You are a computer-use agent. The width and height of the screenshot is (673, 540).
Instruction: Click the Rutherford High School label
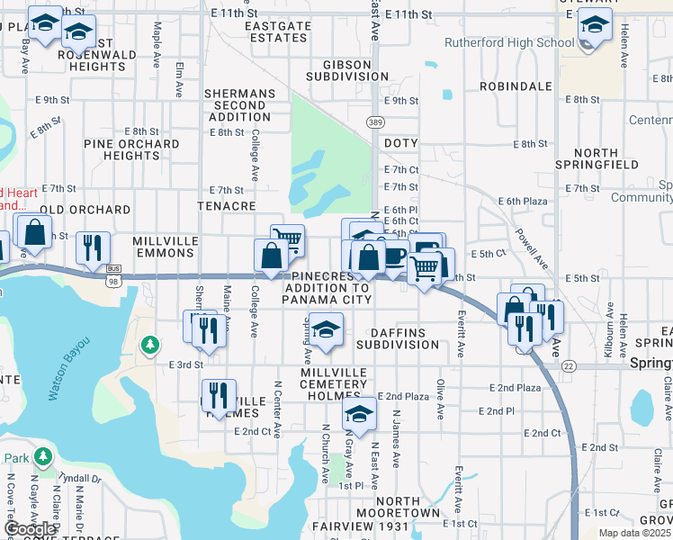tap(509, 42)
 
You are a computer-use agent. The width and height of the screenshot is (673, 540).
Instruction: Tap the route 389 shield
tap(376, 121)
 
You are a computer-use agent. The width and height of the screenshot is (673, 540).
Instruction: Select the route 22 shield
tap(569, 365)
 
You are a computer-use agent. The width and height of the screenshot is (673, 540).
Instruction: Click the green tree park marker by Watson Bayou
tap(150, 345)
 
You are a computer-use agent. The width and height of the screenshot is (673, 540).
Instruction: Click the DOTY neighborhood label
tap(401, 143)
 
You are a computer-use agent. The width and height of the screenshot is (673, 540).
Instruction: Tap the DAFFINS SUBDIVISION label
tap(397, 337)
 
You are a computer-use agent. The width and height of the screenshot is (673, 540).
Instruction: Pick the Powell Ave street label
tap(532, 247)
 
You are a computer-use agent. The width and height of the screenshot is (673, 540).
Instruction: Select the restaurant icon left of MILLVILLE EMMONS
tap(92, 247)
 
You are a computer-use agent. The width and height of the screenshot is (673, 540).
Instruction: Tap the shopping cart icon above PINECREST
tap(287, 240)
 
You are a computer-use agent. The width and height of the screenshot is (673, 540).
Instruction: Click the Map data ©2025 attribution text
tap(634, 533)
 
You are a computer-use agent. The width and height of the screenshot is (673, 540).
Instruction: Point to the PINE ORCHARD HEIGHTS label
tap(131, 149)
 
